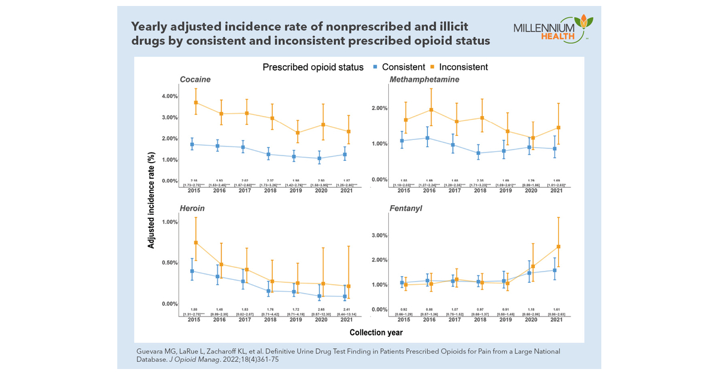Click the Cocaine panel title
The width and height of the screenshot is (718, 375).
[196, 80]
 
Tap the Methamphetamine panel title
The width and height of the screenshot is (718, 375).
[424, 80]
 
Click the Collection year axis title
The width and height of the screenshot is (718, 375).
[376, 332]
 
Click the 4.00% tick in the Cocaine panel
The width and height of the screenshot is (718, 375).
[165, 96]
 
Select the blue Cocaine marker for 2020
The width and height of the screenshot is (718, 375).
[320, 158]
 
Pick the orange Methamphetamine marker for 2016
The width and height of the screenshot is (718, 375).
[431, 110]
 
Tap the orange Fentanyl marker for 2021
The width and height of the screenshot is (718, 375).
[558, 246]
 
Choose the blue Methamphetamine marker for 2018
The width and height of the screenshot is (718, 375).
[479, 153]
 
